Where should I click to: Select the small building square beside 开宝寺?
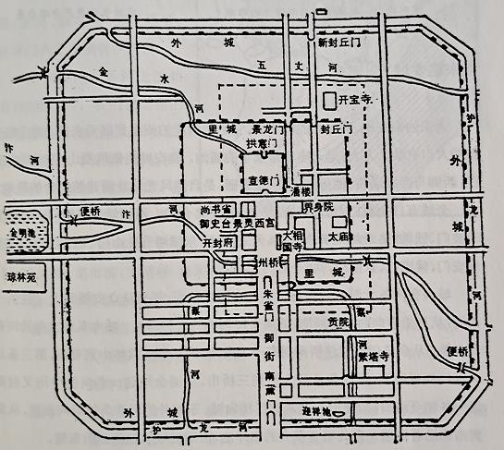[x=328, y=98]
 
